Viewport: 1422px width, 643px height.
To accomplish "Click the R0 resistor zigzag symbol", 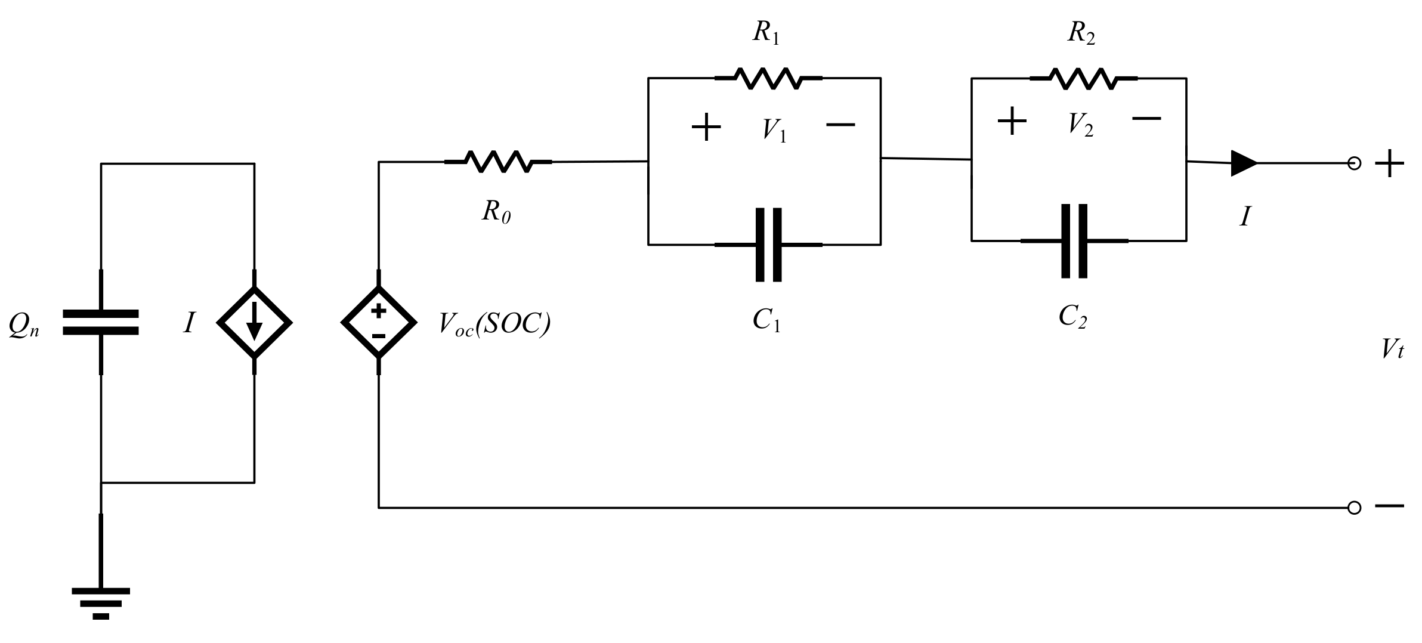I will tap(498, 162).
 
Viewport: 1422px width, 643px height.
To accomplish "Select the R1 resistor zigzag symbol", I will tap(768, 78).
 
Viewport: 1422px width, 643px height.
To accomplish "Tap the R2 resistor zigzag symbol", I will tap(1083, 78).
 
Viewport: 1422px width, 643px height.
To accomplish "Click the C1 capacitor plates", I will tap(768, 245).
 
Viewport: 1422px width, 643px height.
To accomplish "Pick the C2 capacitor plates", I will tap(1074, 241).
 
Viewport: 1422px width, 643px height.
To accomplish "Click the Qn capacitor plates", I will tap(101, 322).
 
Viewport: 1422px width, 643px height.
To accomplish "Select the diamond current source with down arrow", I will tap(254, 322).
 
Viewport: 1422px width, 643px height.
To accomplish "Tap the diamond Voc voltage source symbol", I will tap(379, 322).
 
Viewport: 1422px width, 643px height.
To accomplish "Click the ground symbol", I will tap(101, 602).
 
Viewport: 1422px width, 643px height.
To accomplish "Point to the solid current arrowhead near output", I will tap(1244, 163).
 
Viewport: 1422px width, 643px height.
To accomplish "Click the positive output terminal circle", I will tap(1354, 163).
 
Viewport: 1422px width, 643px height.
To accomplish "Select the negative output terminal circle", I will tap(1354, 508).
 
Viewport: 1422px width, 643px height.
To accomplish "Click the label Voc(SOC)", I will tap(494, 324).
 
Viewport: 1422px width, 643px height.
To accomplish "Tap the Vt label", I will tap(1392, 349).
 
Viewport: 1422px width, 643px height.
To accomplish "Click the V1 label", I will tap(774, 130).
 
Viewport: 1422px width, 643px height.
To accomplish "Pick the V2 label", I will tap(1080, 125).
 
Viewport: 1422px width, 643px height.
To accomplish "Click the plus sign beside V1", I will tap(706, 126).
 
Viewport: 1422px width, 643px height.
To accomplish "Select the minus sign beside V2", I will tap(1146, 119).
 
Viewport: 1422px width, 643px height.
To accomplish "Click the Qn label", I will tap(24, 326).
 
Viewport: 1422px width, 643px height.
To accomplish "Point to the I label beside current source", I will tap(189, 323).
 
